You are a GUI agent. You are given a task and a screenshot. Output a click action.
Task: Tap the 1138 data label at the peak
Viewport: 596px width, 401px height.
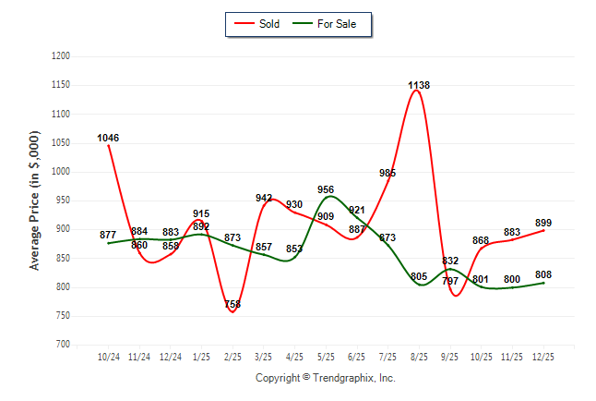419,85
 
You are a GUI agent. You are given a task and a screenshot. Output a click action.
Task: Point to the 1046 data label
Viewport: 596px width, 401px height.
108,139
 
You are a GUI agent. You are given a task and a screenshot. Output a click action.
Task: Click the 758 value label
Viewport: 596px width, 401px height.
232,304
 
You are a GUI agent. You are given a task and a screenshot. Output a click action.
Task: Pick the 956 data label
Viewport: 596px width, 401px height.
326,189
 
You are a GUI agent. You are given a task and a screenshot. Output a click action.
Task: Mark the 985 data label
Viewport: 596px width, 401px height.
387,173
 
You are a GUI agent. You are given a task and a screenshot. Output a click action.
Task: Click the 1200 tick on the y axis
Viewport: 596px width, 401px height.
61,56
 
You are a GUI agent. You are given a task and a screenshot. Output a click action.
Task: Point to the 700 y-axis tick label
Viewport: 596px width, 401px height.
64,345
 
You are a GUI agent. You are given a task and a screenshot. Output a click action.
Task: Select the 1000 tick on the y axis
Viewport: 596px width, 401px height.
61,172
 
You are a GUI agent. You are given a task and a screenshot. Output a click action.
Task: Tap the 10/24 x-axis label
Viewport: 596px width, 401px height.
108,357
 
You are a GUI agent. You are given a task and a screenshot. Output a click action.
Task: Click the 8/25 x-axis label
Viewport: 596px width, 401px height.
419,357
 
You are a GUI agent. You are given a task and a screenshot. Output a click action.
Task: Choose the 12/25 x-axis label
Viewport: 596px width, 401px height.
543,357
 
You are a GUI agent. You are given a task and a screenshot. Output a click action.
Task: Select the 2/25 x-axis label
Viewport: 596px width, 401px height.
232,357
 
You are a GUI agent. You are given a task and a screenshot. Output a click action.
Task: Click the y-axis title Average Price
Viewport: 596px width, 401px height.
35,200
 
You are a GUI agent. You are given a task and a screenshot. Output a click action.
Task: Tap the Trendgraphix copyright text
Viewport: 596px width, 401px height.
325,379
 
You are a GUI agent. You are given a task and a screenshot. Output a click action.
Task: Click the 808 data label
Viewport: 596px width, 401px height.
543,274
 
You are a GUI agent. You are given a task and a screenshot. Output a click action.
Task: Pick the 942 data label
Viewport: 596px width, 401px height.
264,198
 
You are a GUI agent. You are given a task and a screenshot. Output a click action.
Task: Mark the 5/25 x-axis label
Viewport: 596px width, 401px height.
326,357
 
